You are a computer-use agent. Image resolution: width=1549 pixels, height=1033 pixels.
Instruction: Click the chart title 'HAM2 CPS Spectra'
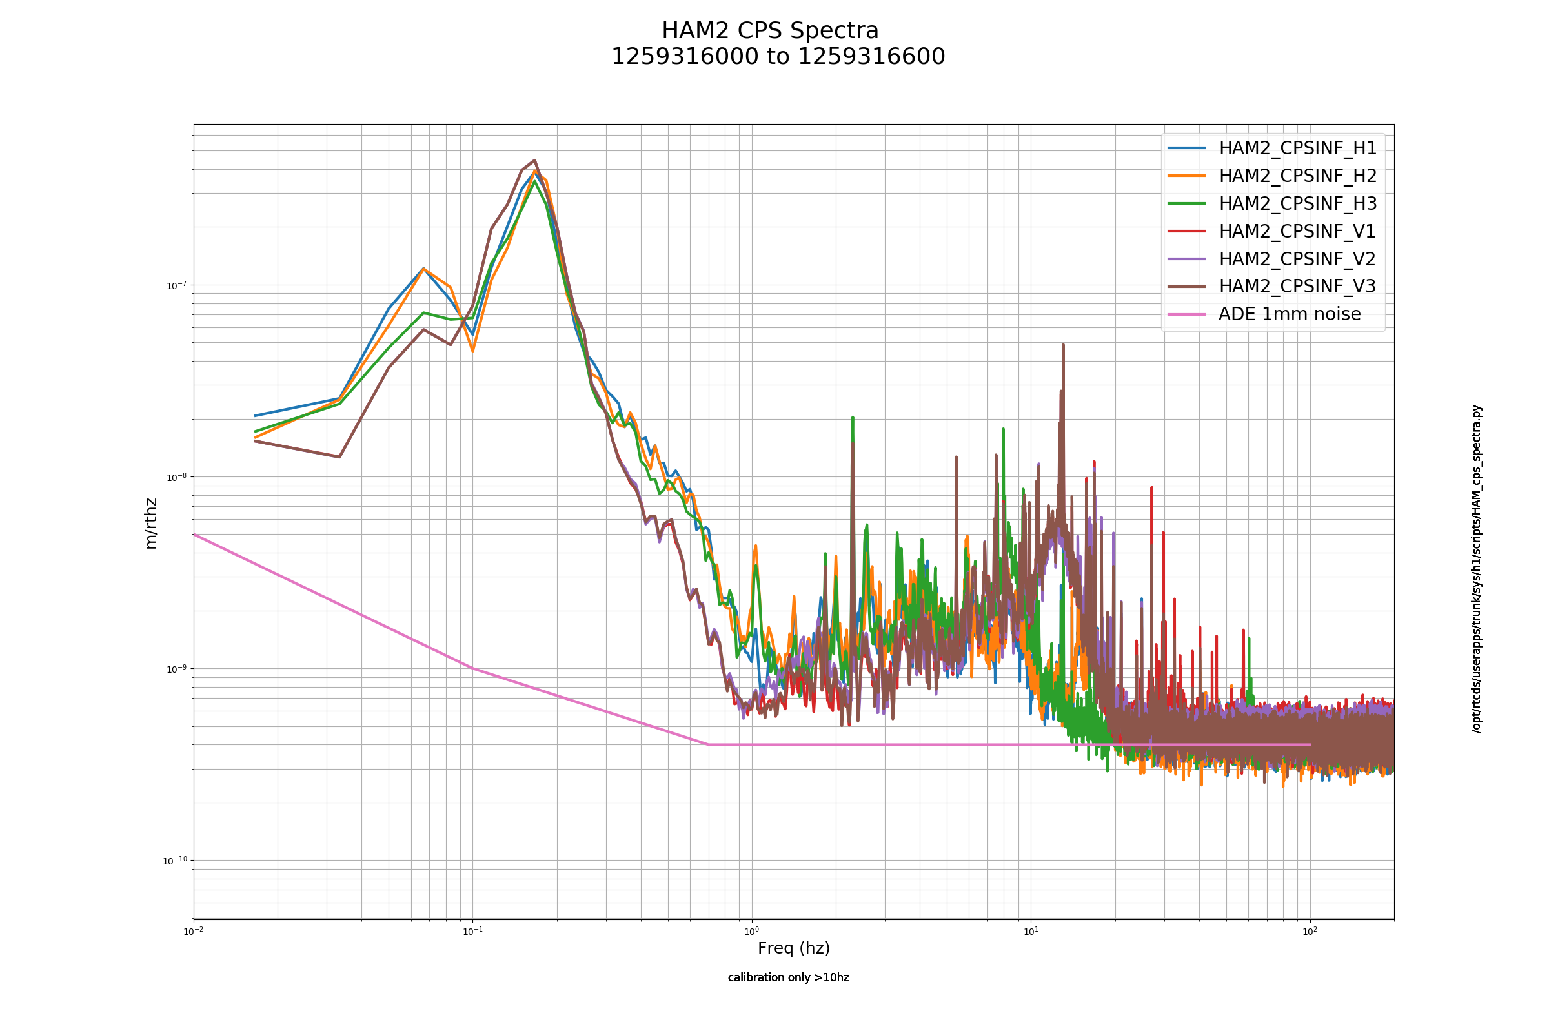pos(770,31)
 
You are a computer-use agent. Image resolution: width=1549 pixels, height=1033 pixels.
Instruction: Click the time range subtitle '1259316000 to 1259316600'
pos(778,57)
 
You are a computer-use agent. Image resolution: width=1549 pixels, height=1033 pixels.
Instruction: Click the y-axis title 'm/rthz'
pos(151,524)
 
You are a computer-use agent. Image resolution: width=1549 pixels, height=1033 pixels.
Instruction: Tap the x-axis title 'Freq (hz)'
pos(794,948)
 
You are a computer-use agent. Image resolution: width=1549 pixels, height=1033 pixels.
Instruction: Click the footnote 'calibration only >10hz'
pos(788,977)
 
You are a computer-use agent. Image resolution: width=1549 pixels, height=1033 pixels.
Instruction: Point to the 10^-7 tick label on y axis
pos(176,285)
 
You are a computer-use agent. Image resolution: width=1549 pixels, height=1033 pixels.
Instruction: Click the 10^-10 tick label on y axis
pos(174,861)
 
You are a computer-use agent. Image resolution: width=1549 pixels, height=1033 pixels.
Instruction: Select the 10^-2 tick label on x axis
pos(194,931)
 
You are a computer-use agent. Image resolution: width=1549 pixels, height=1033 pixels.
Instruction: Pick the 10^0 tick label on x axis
pos(751,931)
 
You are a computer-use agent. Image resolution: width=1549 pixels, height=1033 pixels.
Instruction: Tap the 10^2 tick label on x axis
pos(1310,931)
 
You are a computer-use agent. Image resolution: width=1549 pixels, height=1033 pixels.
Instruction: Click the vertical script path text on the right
pos(1477,569)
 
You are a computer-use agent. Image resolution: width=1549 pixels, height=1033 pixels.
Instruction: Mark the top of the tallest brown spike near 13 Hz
pos(1063,345)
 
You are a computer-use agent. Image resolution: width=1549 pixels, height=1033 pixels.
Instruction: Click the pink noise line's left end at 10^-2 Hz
pos(194,535)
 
